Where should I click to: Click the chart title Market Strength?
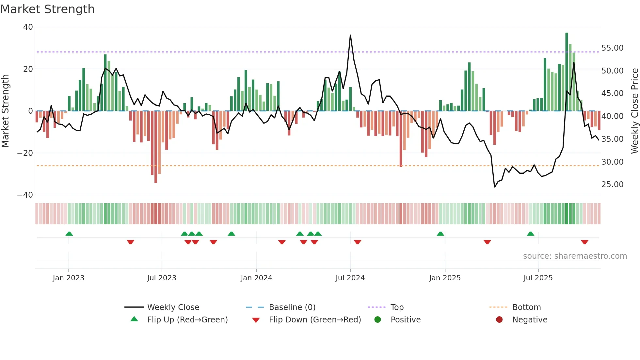(47, 9)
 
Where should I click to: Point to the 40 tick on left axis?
(28, 27)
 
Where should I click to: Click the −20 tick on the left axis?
(25, 153)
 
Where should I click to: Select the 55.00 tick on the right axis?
(612, 48)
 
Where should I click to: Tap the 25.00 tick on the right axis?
(612, 185)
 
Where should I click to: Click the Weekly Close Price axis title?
(634, 111)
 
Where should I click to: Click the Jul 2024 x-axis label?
(350, 278)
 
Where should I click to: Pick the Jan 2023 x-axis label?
(69, 278)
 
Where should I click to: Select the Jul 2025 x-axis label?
(538, 278)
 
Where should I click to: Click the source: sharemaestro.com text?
(575, 256)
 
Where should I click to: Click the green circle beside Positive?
(378, 320)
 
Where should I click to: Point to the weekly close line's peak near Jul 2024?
(350, 35)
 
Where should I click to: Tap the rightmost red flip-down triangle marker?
(584, 242)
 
